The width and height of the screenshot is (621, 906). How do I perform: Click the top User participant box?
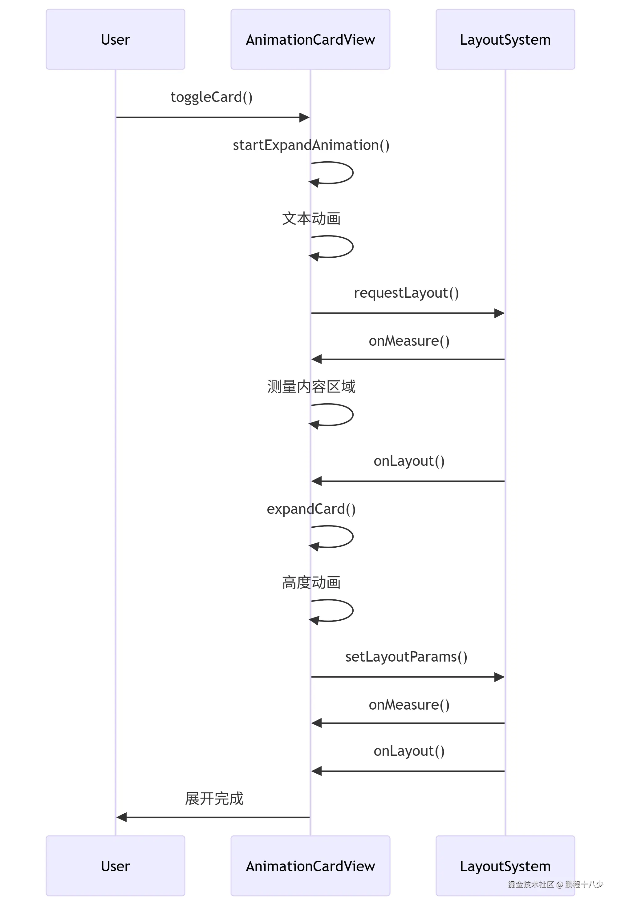(x=116, y=39)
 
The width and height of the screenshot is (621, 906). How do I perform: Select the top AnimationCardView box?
(x=310, y=39)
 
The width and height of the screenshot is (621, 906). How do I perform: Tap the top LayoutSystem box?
(x=505, y=39)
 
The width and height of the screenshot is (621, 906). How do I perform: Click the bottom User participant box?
(x=116, y=866)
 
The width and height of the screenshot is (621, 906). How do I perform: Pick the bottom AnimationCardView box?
(x=310, y=866)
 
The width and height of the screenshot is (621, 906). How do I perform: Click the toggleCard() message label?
(x=211, y=97)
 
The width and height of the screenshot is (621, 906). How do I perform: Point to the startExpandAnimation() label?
(x=311, y=145)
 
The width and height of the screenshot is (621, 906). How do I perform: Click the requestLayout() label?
(x=406, y=293)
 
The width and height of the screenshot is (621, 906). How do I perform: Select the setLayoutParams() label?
(x=406, y=657)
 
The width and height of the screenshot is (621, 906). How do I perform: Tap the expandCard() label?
(x=311, y=509)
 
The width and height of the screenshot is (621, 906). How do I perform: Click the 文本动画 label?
(x=311, y=219)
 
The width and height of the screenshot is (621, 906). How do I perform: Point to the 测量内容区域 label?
(x=311, y=387)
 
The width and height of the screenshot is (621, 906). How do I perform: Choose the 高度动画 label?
(x=311, y=583)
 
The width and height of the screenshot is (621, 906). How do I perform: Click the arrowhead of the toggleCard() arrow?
(x=304, y=117)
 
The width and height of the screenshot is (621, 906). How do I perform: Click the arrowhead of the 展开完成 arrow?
(x=122, y=817)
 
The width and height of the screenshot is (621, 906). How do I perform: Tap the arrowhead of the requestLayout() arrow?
(x=499, y=313)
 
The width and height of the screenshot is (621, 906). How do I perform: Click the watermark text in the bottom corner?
(x=555, y=884)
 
